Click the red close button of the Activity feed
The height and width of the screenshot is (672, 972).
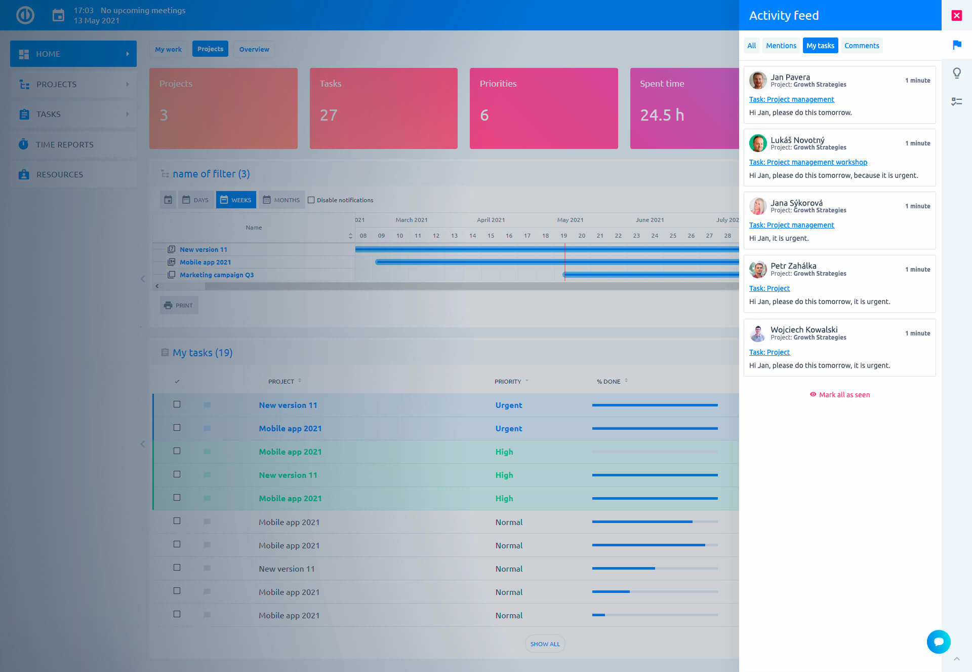point(956,15)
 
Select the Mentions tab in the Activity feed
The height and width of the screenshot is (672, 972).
point(781,46)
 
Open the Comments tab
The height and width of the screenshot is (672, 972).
point(861,46)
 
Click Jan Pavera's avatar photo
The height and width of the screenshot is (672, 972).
point(757,80)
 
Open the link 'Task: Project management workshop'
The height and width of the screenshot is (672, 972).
point(808,162)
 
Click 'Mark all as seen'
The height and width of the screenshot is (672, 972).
point(844,395)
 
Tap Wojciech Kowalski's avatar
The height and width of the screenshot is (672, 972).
point(757,333)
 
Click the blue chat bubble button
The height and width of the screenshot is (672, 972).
point(938,642)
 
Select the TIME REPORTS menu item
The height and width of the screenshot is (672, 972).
point(65,144)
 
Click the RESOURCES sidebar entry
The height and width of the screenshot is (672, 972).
point(60,174)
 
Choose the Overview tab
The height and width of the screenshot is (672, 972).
point(254,49)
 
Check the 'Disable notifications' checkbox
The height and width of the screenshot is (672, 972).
point(311,200)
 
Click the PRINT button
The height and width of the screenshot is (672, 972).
point(179,306)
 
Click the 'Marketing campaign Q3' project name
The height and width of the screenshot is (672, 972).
point(217,275)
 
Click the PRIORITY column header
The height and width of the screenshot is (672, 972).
point(508,382)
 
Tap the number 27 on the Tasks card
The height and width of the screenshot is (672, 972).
point(329,115)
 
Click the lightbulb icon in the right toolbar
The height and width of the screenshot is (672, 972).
point(956,73)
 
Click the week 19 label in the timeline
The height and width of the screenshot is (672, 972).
point(563,236)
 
